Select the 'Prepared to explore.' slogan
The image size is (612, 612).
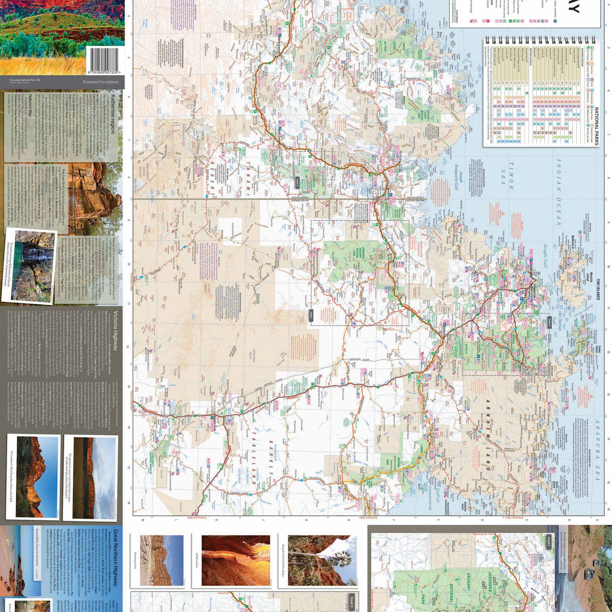click(101, 82)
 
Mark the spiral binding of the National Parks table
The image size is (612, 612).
click(540, 40)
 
